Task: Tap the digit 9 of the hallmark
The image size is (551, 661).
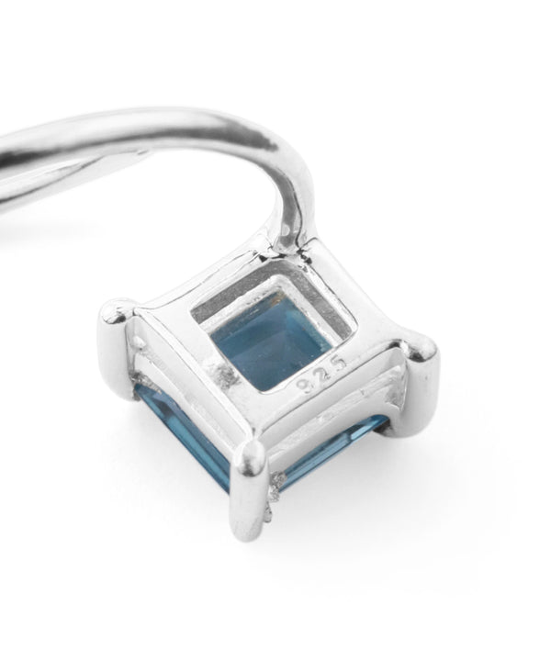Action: (x=304, y=385)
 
